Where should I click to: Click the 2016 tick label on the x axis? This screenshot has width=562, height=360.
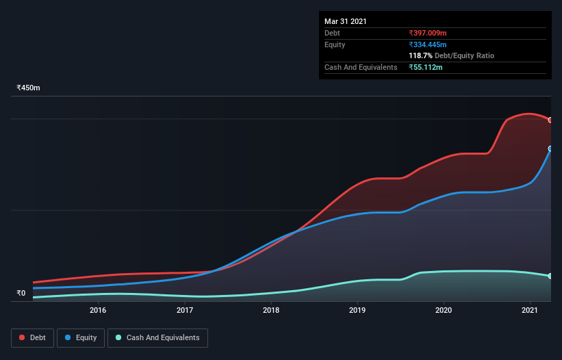pyautogui.click(x=98, y=311)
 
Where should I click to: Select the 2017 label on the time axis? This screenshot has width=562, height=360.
pyautogui.click(x=184, y=311)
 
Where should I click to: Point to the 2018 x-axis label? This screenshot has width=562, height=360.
pyautogui.click(x=271, y=311)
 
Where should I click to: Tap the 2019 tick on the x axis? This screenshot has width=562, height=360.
pyautogui.click(x=357, y=311)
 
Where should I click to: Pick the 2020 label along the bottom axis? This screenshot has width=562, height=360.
pyautogui.click(x=444, y=311)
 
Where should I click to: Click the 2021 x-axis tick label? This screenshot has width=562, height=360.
pyautogui.click(x=530, y=311)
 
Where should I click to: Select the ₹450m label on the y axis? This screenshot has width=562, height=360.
pyautogui.click(x=29, y=88)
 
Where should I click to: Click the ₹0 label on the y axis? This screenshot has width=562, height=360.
pyautogui.click(x=21, y=294)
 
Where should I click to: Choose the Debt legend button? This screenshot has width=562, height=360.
pyautogui.click(x=32, y=337)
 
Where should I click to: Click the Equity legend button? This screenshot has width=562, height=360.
pyautogui.click(x=81, y=337)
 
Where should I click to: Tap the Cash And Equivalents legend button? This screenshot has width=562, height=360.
pyautogui.click(x=157, y=337)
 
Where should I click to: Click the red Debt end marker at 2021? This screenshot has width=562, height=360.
pyautogui.click(x=550, y=120)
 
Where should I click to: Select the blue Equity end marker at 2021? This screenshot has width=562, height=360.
pyautogui.click(x=550, y=149)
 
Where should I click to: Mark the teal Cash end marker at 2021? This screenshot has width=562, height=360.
pyautogui.click(x=550, y=276)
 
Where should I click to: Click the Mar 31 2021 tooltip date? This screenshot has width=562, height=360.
pyautogui.click(x=346, y=21)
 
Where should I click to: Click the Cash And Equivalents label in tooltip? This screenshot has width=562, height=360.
pyautogui.click(x=361, y=67)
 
